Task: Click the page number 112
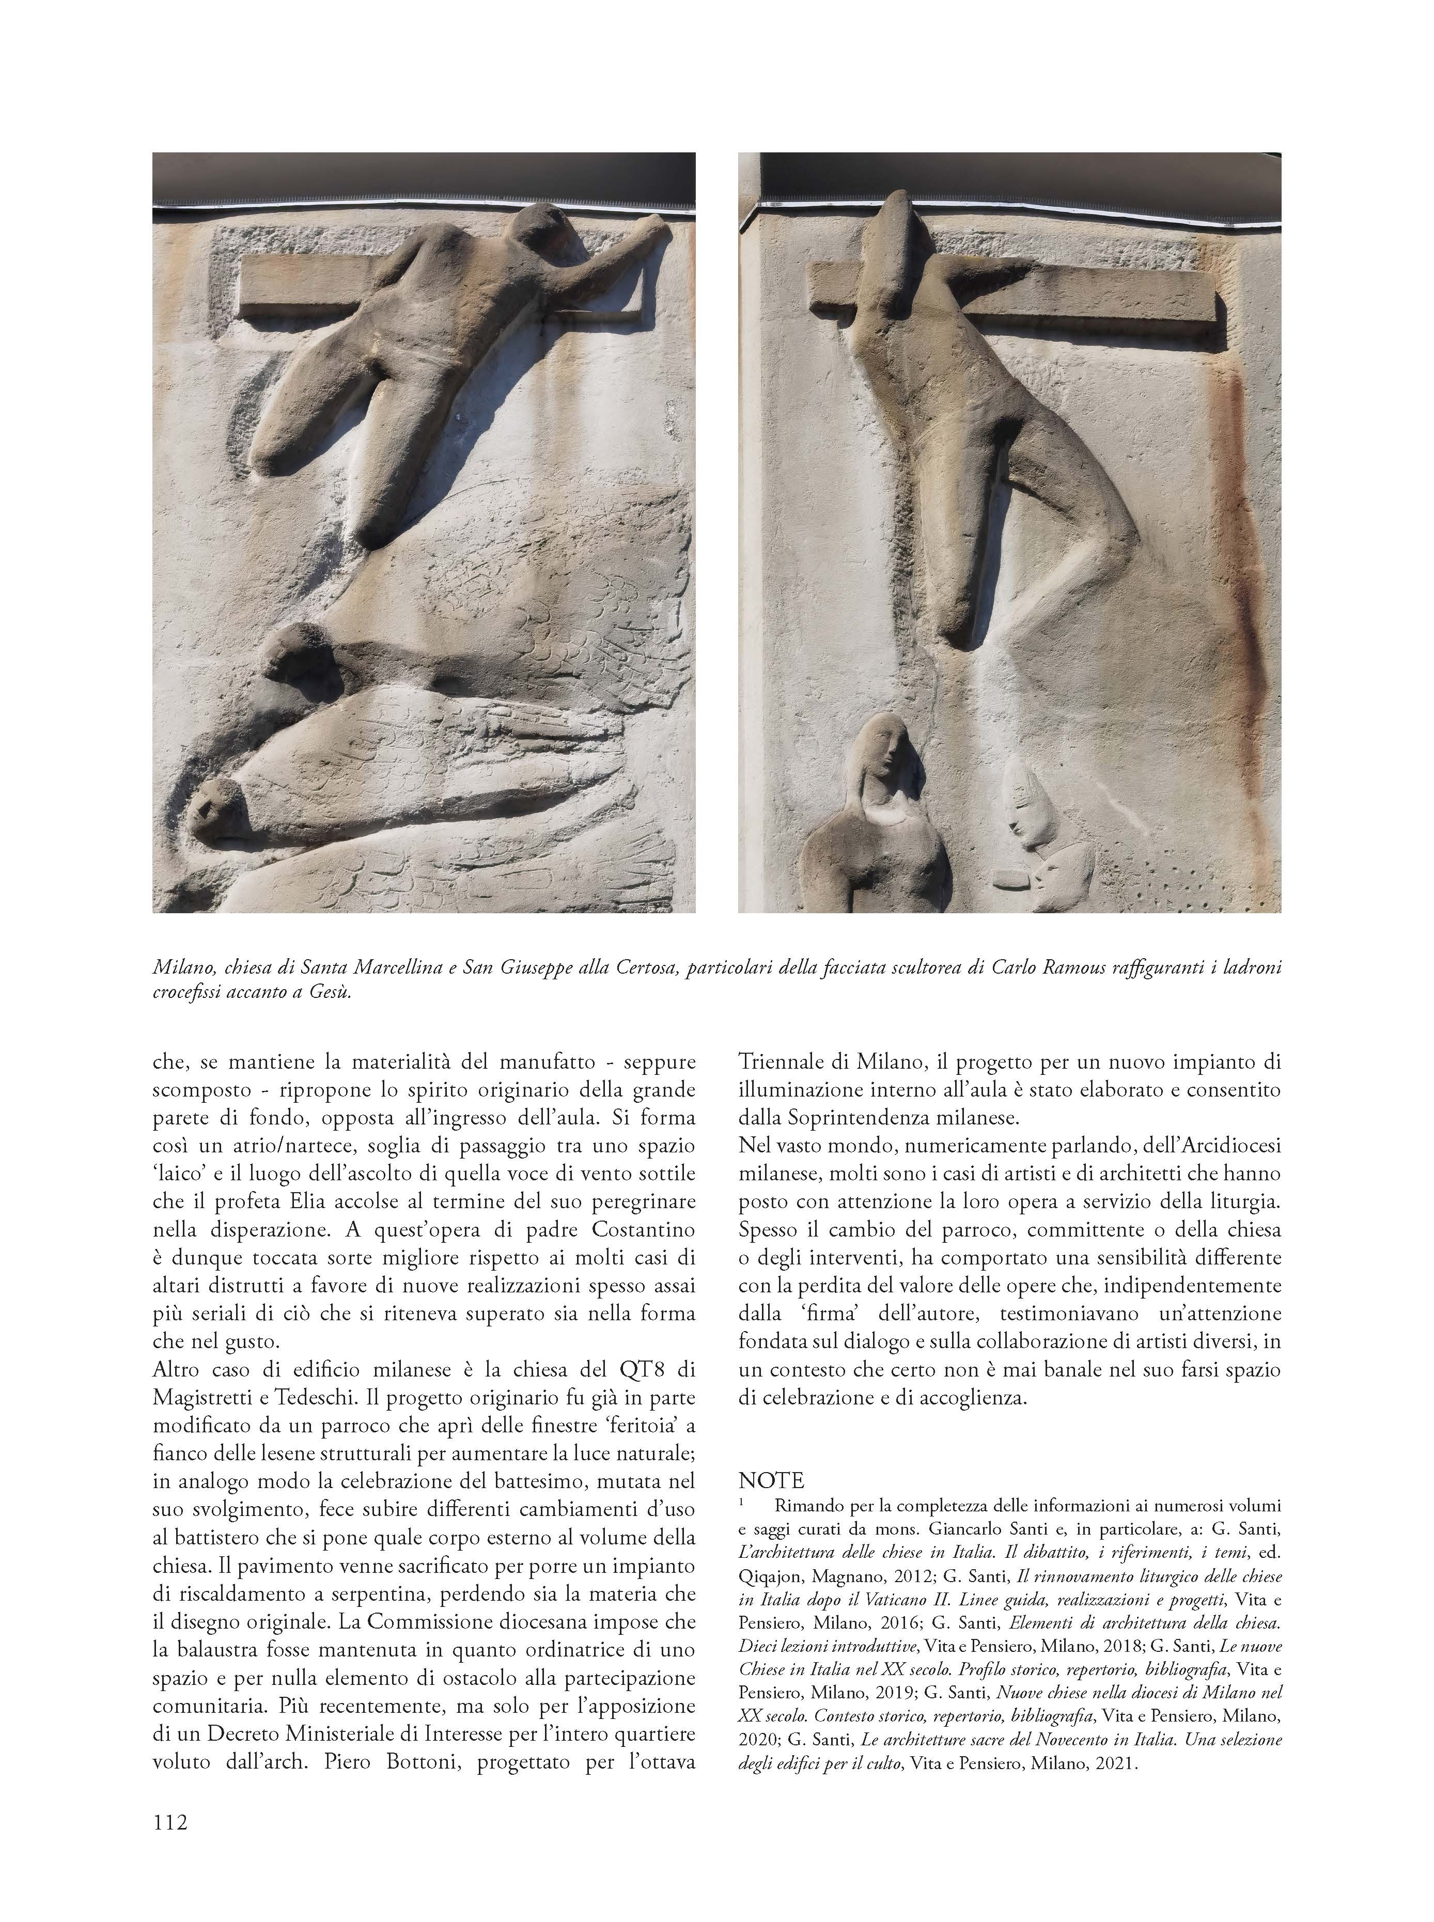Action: point(169,1821)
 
